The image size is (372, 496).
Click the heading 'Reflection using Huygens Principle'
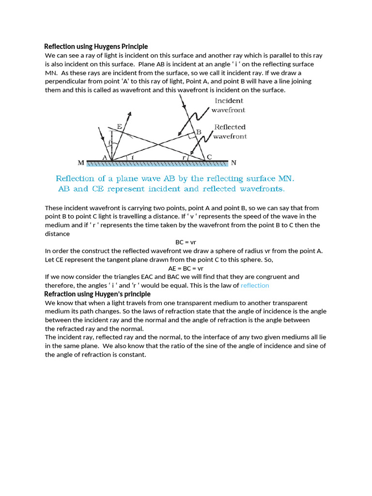coord(96,46)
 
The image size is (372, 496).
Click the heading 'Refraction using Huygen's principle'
coord(97,294)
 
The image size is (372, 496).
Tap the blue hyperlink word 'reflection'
coord(255,285)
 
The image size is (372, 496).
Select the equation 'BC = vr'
coord(186,242)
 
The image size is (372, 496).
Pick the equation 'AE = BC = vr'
coord(186,268)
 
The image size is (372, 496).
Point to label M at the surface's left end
coord(81,163)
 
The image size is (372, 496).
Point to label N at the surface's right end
coord(233,163)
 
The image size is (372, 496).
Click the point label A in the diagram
coord(105,157)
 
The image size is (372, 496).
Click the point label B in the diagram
coord(198,132)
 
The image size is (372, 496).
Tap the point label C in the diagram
coord(209,157)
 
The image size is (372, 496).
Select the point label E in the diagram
coord(119,126)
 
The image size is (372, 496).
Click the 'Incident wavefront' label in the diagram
coord(229,105)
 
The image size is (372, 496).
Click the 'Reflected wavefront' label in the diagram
coord(230,132)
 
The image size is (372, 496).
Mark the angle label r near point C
coord(184,157)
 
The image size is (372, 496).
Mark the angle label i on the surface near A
coord(133,157)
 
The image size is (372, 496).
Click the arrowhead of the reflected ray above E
coord(129,114)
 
